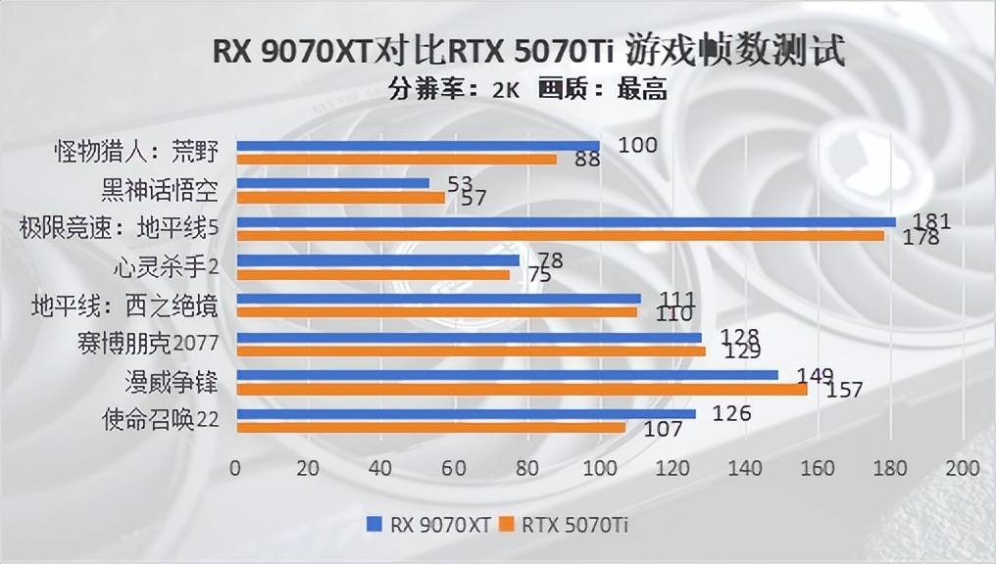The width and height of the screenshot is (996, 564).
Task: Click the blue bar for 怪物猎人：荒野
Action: [x=418, y=145]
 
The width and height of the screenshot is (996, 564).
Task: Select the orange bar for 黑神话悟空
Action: [x=340, y=197]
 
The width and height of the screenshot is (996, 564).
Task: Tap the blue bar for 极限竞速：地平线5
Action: [x=566, y=221]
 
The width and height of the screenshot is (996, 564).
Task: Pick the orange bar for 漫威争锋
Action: [x=522, y=389]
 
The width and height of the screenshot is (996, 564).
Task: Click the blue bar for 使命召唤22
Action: [x=466, y=413]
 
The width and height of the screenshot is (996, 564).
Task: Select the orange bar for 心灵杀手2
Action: [x=373, y=274]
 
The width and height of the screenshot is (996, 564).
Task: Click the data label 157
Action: [x=844, y=390]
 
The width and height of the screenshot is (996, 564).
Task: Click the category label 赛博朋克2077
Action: [x=146, y=343]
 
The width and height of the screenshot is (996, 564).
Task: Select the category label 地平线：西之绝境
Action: [x=124, y=305]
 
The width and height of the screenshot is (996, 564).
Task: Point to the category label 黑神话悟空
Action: [x=159, y=189]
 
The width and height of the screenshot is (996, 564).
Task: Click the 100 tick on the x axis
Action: [x=599, y=468]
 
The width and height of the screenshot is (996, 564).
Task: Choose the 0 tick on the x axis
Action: [x=235, y=468]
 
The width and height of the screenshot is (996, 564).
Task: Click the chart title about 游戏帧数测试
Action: [x=529, y=51]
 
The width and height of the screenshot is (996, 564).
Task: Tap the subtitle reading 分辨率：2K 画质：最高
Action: [x=527, y=90]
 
